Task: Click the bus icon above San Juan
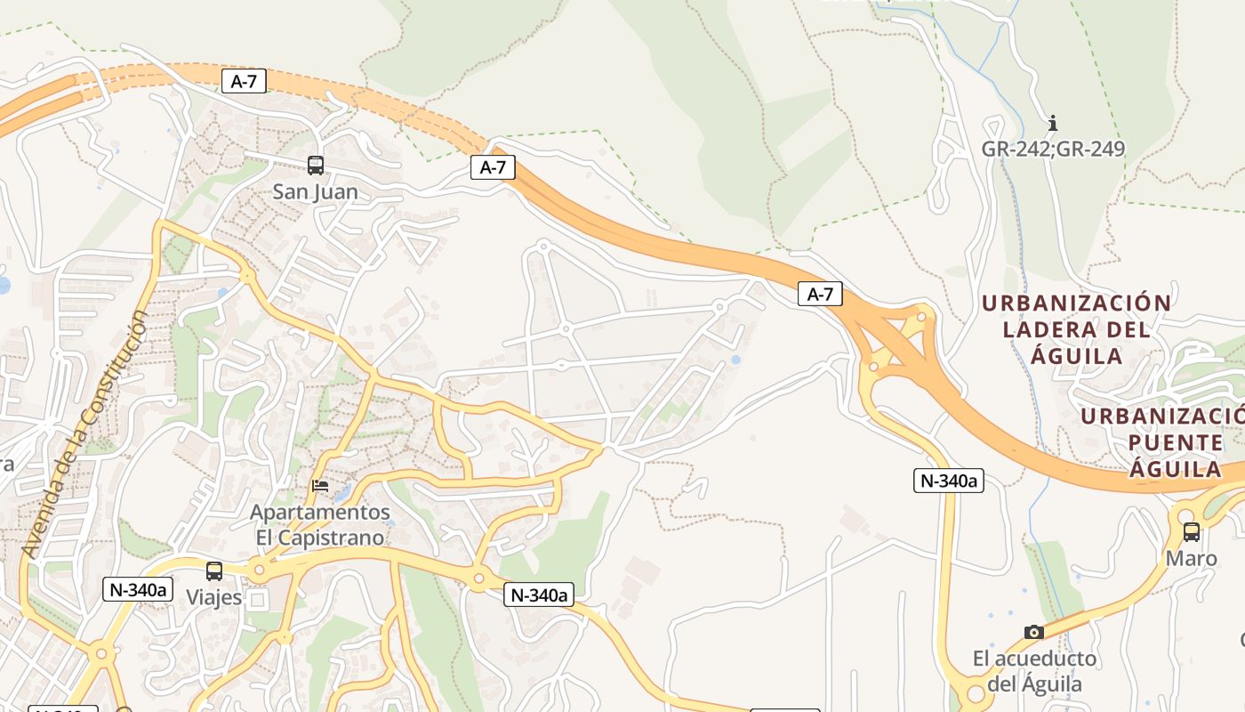316,165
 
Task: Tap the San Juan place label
316,191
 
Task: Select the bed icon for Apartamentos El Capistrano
320,486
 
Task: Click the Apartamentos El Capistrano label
320,525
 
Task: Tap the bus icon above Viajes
214,571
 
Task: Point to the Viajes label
213,597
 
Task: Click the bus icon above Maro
1191,532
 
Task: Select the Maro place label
1191,559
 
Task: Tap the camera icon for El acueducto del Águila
1033,632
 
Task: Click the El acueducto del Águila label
1034,671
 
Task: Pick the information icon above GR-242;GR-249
1053,123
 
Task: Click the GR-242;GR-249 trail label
1053,149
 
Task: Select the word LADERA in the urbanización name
1053,329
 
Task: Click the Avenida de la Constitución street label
85,436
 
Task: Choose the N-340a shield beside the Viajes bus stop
137,589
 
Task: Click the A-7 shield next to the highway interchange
819,294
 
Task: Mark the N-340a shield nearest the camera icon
948,481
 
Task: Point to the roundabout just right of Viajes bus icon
259,570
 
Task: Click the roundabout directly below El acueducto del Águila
976,692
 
